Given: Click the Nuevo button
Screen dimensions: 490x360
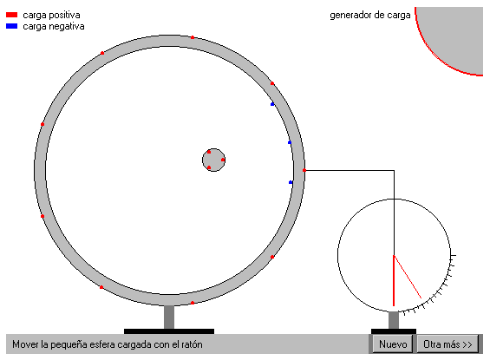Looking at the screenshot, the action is (x=393, y=344).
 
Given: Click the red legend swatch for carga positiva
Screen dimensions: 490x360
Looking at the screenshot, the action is (x=11, y=15).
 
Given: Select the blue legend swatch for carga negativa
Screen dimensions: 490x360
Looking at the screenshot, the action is (x=11, y=26).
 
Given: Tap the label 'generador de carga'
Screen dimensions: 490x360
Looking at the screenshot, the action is (x=370, y=15).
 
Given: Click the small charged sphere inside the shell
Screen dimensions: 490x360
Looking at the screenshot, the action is (x=213, y=160).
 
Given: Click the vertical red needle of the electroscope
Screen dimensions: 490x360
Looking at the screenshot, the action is (x=394, y=280).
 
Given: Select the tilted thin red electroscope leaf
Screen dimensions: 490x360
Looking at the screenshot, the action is (x=408, y=277).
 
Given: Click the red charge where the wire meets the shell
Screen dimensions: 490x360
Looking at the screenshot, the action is (x=304, y=170).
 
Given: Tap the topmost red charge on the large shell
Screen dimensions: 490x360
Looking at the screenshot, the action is (x=193, y=37).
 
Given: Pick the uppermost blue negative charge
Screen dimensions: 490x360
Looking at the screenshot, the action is (x=272, y=104).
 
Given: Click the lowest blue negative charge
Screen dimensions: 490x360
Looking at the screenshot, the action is (x=291, y=182).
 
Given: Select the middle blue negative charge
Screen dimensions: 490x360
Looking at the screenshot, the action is (x=290, y=142).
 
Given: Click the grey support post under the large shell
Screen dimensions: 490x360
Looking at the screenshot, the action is (x=169, y=317).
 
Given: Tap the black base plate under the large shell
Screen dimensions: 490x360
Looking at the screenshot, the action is (x=169, y=331).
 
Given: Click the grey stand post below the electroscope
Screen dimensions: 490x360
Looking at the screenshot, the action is (x=394, y=320).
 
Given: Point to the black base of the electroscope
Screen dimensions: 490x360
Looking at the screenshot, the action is (x=394, y=331).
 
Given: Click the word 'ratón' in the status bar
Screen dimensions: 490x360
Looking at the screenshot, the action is (x=192, y=344).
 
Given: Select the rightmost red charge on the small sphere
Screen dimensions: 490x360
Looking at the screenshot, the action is (x=223, y=160).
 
